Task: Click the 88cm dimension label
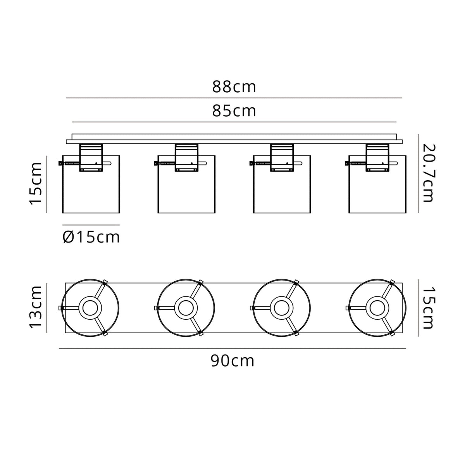pos(234,87)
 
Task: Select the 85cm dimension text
pos(234,111)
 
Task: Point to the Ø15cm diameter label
pos(91,237)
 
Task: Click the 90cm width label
pos(232,361)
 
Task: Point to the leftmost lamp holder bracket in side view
pos(91,157)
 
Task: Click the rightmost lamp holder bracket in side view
pos(377,157)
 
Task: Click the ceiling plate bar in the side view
pos(234,139)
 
